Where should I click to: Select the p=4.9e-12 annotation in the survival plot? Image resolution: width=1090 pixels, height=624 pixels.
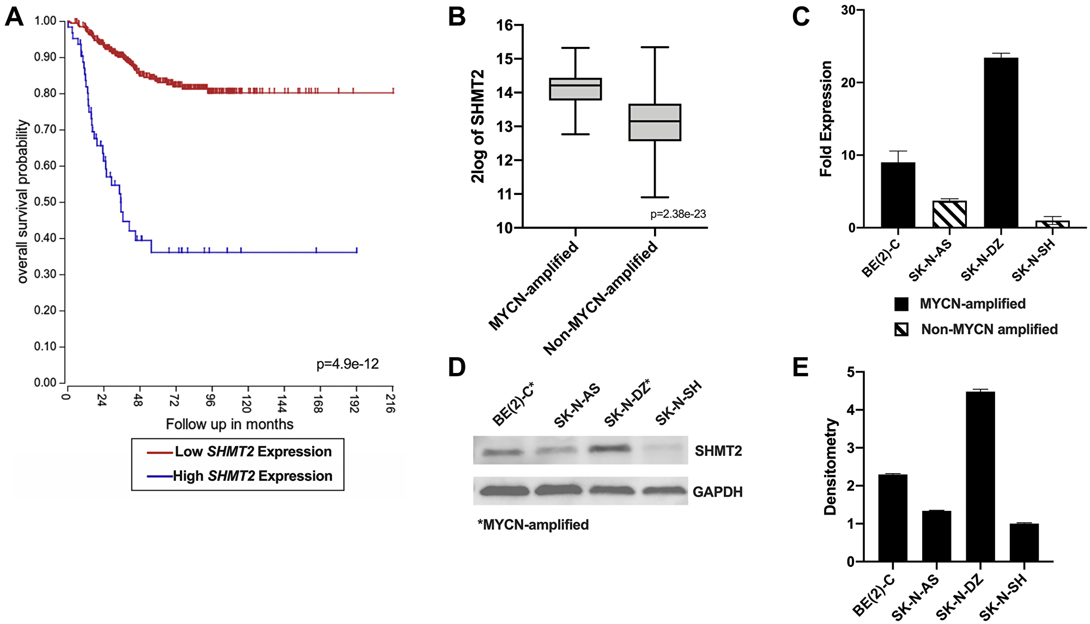(x=347, y=364)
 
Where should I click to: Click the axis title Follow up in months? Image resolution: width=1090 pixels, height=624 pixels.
(x=229, y=424)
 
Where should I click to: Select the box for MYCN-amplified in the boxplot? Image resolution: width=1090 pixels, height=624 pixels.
(x=576, y=89)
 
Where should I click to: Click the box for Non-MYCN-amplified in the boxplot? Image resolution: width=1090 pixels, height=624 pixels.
(x=655, y=123)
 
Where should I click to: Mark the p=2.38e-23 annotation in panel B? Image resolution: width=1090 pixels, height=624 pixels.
(x=677, y=214)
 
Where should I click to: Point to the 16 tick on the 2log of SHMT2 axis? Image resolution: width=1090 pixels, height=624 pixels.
(x=505, y=25)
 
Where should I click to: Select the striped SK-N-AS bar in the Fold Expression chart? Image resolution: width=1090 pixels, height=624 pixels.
(x=949, y=215)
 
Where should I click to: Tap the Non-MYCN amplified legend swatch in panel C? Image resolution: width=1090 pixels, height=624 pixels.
(x=901, y=329)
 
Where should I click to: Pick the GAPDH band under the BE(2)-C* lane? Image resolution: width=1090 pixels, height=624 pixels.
(x=504, y=491)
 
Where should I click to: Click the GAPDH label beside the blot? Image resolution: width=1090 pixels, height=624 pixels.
(x=717, y=492)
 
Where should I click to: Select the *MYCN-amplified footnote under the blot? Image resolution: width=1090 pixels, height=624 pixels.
(x=533, y=525)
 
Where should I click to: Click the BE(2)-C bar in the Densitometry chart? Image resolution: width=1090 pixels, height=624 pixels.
(x=893, y=518)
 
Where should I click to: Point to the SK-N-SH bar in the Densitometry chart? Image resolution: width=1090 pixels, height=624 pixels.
(x=1024, y=542)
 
